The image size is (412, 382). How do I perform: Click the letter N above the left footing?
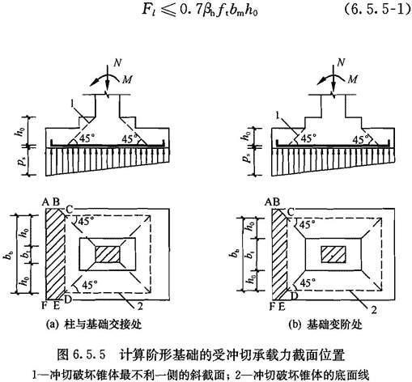coord(117,63)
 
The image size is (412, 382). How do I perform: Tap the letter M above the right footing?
coord(353,79)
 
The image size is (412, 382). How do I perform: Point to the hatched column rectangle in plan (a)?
coord(108,254)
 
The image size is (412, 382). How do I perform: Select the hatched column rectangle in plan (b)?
coord(333,254)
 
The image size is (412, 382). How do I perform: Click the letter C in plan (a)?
coord(69,210)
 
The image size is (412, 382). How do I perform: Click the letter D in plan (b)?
coord(294,296)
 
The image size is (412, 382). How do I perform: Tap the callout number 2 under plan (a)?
coord(140,306)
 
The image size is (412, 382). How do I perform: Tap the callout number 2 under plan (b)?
coord(374,310)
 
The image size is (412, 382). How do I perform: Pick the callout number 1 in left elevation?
coord(72,104)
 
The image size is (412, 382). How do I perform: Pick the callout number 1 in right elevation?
coord(278,116)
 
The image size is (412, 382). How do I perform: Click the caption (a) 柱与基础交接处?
coord(94,324)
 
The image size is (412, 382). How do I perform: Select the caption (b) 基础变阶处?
coord(325,325)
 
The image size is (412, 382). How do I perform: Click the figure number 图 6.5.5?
coord(81,354)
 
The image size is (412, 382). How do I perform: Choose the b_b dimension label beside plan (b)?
coord(236,253)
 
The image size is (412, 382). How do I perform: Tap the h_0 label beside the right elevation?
coord(246,135)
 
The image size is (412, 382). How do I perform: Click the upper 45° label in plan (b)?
coord(307,224)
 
